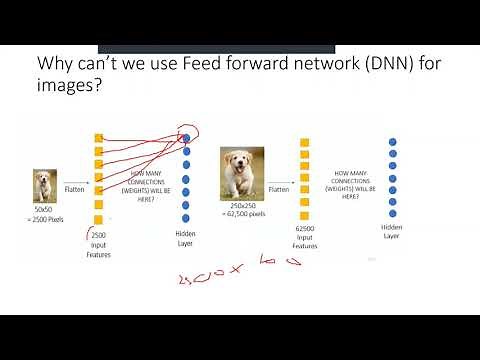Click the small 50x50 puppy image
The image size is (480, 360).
click(x=45, y=186)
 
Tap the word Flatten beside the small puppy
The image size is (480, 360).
click(x=74, y=187)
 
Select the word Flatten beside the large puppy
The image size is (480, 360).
click(x=280, y=187)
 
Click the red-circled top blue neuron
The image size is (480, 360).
click(x=186, y=136)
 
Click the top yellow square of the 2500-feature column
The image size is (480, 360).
click(x=98, y=138)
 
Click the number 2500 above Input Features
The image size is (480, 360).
click(x=98, y=235)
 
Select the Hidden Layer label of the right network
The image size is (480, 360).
click(x=392, y=232)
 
